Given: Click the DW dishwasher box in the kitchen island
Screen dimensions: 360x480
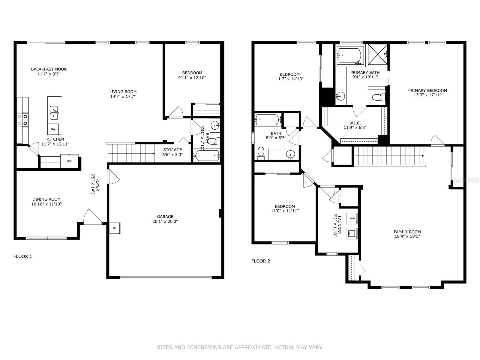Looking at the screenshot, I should [53, 129].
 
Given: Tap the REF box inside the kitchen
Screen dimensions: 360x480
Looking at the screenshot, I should [69, 161].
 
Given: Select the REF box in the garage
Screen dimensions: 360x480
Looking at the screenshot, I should [115, 228].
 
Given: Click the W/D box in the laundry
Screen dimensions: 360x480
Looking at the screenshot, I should [352, 218].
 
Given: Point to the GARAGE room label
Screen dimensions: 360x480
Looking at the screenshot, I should [165, 217].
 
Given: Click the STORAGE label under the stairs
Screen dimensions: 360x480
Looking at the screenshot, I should [172, 150].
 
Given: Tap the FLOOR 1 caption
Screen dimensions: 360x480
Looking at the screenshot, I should [23, 256].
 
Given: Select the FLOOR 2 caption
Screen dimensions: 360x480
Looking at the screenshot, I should [261, 261].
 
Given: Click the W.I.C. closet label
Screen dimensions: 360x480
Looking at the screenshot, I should [355, 123].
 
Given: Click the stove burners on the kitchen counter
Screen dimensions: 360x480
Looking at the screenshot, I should [23, 119].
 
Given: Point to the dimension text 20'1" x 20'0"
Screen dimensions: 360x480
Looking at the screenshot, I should [165, 221].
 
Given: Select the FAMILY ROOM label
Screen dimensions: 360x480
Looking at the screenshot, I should [407, 232].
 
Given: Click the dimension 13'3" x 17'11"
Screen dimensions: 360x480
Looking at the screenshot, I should [427, 95].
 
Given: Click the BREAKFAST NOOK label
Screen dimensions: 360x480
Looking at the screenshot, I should [49, 69].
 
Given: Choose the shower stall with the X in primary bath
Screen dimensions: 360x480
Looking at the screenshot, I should [377, 54].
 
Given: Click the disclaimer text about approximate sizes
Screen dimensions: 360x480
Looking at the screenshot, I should [240, 347].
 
